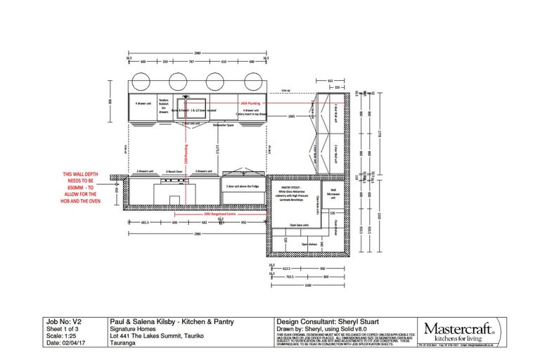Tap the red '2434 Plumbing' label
tap(250, 103)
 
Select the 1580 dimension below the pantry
tap(307, 285)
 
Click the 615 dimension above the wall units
tap(330, 81)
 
